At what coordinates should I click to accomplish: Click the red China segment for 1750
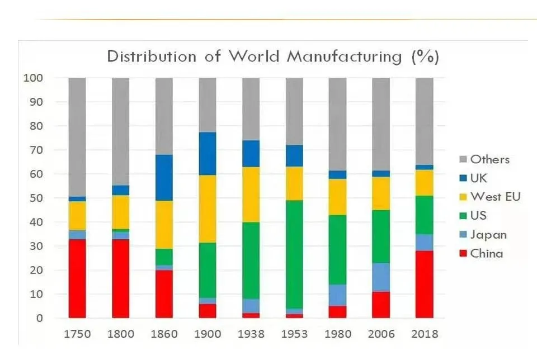(x=77, y=278)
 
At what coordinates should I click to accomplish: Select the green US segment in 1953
(x=294, y=254)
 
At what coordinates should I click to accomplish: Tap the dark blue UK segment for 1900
(x=208, y=154)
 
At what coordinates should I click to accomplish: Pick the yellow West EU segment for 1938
(x=251, y=195)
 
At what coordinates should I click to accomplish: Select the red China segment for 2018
(x=425, y=284)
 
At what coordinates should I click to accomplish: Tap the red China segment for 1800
(x=121, y=278)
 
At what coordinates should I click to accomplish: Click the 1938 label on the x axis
(x=251, y=334)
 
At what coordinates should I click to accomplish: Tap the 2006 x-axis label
(x=381, y=334)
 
